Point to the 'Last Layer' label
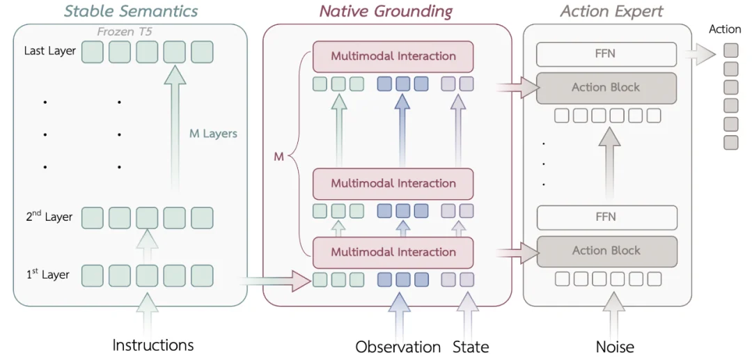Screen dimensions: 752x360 tap(50, 51)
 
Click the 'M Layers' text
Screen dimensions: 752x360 tap(213, 134)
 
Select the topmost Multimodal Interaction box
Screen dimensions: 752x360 tap(393, 56)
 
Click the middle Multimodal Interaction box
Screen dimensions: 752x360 tap(393, 184)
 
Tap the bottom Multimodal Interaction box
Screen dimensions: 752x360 tap(393, 252)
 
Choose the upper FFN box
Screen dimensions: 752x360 tap(606, 54)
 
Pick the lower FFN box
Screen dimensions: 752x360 tap(606, 218)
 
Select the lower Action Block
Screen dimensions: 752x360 tap(606, 251)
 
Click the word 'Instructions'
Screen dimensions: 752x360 tap(153, 345)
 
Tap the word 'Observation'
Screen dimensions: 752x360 tap(398, 347)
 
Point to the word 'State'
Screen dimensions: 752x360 tap(471, 347)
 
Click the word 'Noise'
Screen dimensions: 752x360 tap(615, 347)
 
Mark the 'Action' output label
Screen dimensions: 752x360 tap(725, 29)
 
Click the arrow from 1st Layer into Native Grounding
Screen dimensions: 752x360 tap(275, 281)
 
